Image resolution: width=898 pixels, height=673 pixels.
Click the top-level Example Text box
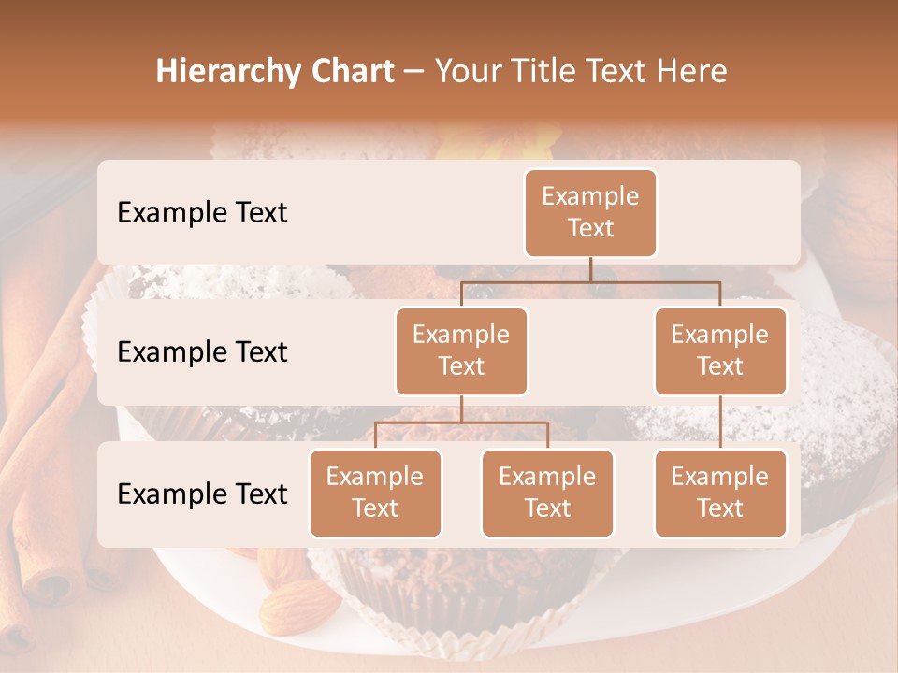click(x=590, y=212)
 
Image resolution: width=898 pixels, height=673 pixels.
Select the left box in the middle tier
click(x=461, y=351)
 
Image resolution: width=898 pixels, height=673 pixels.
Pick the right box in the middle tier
click(x=720, y=351)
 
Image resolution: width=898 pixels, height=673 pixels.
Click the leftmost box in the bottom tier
click(x=375, y=493)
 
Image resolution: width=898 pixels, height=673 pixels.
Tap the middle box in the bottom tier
click(x=547, y=493)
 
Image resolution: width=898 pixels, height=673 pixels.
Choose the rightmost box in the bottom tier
click(x=720, y=493)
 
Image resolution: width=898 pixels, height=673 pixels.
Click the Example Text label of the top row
click(x=202, y=212)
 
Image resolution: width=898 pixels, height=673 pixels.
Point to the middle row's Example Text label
click(x=202, y=351)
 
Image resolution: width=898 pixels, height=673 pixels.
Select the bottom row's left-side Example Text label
click(x=202, y=494)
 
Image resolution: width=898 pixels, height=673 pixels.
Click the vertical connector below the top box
click(x=590, y=269)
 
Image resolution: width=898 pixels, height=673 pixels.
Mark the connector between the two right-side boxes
click(x=720, y=422)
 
